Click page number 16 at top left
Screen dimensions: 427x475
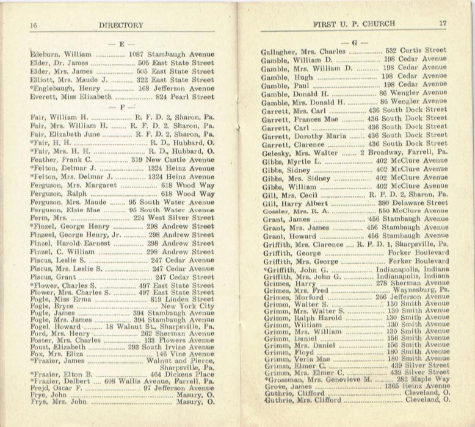point(34,25)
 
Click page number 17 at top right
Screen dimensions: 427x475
point(443,23)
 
